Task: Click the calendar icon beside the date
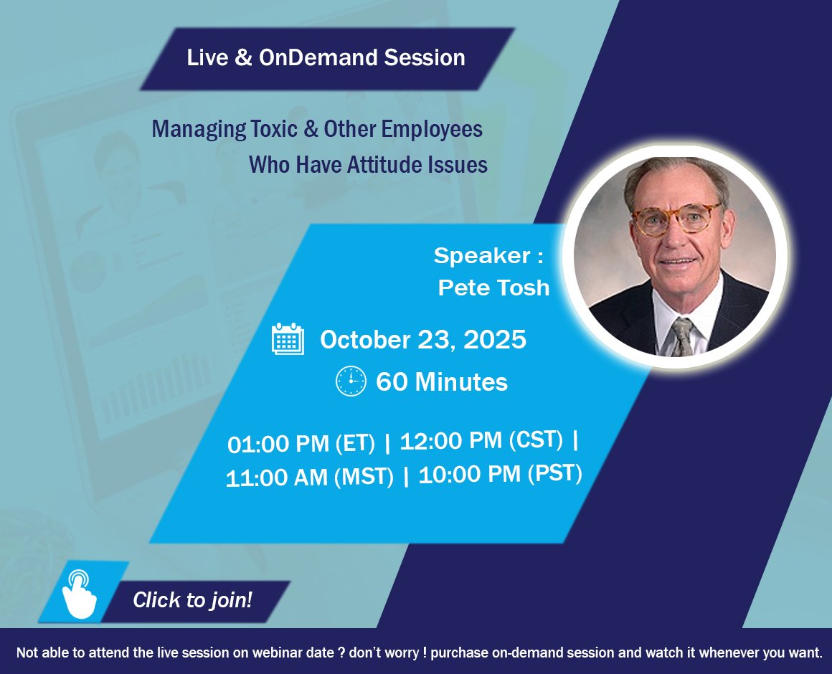[288, 338]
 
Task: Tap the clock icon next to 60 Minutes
[351, 381]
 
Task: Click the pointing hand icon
[79, 594]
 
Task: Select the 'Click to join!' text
[192, 599]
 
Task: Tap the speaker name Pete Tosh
[493, 288]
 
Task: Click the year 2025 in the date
[494, 339]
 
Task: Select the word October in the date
[365, 339]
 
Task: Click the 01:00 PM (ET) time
[301, 443]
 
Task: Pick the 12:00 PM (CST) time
[481, 440]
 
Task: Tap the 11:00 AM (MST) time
[309, 477]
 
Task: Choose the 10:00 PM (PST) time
[501, 473]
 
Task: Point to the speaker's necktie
[682, 337]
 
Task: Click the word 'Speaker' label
[482, 255]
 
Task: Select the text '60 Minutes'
[442, 381]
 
